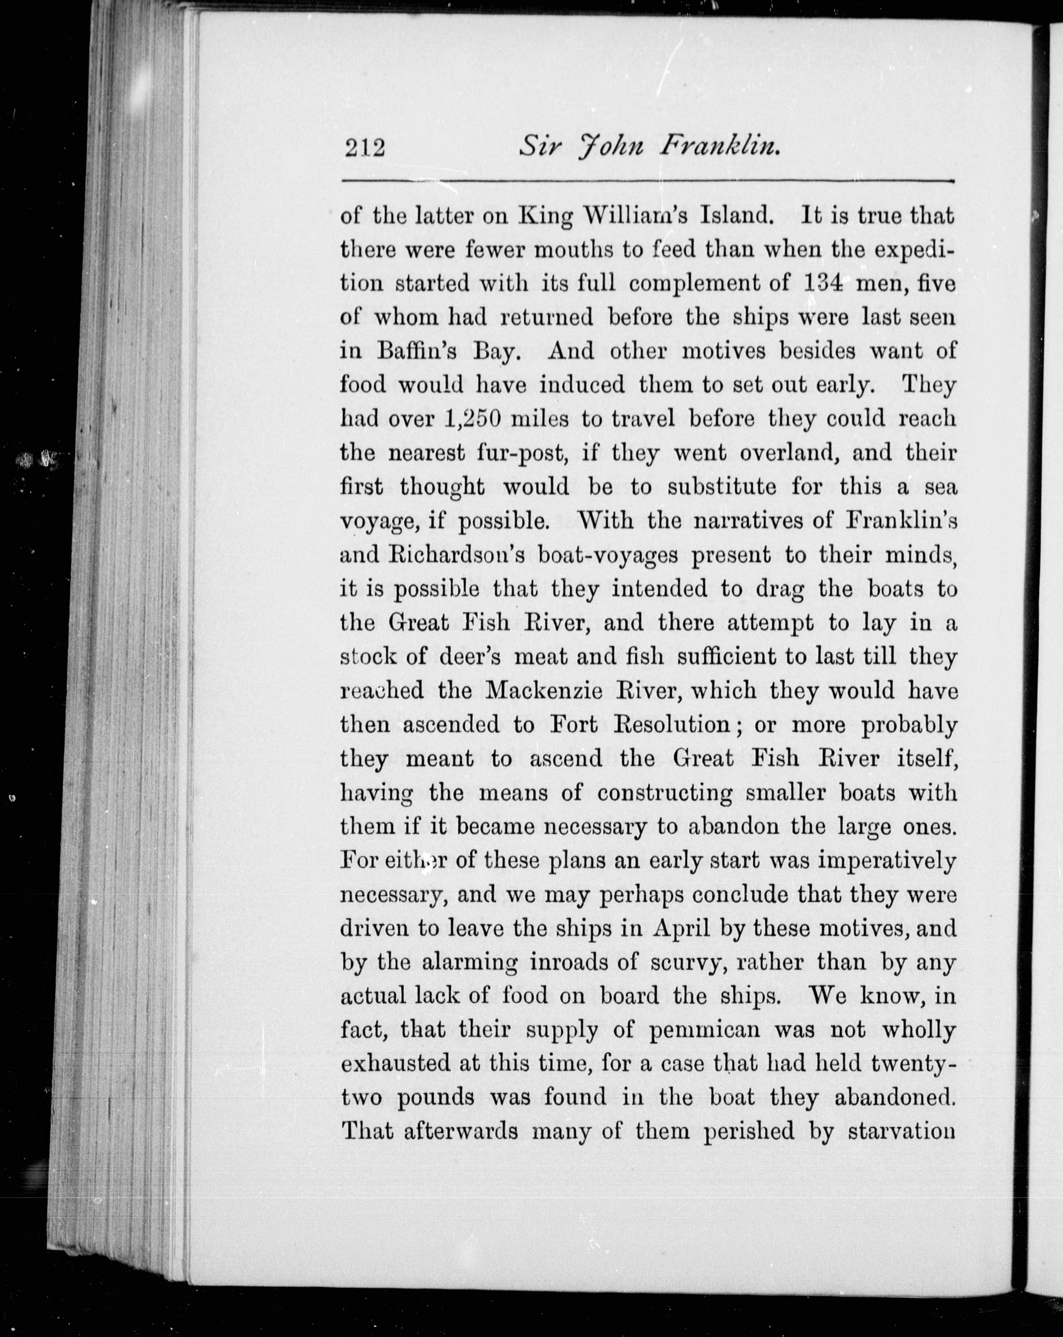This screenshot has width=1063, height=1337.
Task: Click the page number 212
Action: click(365, 150)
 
